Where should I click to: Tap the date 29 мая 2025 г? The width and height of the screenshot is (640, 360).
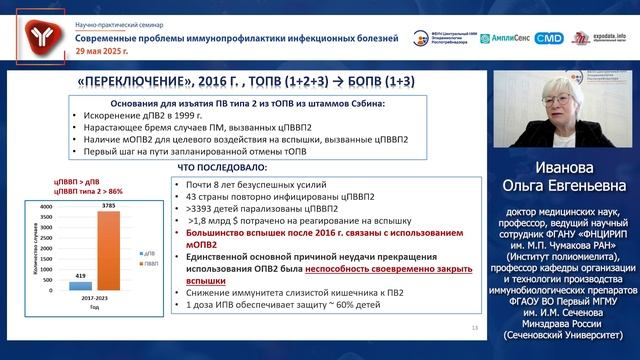click(101, 50)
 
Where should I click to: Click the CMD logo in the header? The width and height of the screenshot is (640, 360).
click(549, 38)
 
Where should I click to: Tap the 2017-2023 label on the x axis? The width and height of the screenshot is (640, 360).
click(93, 300)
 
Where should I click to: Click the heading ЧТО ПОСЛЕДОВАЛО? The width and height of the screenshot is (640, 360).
click(220, 167)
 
